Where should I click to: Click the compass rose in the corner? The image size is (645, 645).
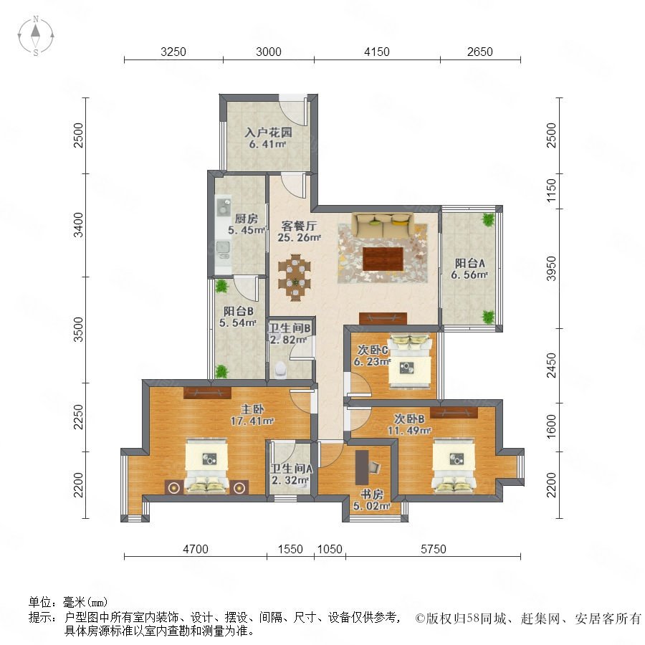coord(36,36)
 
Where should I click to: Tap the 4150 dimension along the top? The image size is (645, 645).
coord(377,52)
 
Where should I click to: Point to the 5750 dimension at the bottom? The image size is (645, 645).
coord(433,549)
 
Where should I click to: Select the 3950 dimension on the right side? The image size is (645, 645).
coord(551,269)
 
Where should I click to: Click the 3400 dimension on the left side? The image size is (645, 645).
coord(77,225)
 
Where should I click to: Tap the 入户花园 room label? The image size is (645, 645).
coord(268,132)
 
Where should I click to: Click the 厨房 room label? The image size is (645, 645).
coord(246,219)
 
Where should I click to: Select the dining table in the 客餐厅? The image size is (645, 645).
coord(294,277)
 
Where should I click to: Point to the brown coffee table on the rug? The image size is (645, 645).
coord(383,259)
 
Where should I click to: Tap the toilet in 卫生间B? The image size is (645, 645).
coord(281,369)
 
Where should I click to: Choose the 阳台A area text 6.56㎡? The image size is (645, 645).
coord(469,274)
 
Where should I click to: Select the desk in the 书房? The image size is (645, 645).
coord(362,467)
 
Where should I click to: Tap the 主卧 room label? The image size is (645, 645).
coord(252,409)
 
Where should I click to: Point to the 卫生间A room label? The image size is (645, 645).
coord(292,469)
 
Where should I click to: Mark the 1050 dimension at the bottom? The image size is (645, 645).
coord(330,549)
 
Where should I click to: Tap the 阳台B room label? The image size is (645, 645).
coord(238,311)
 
